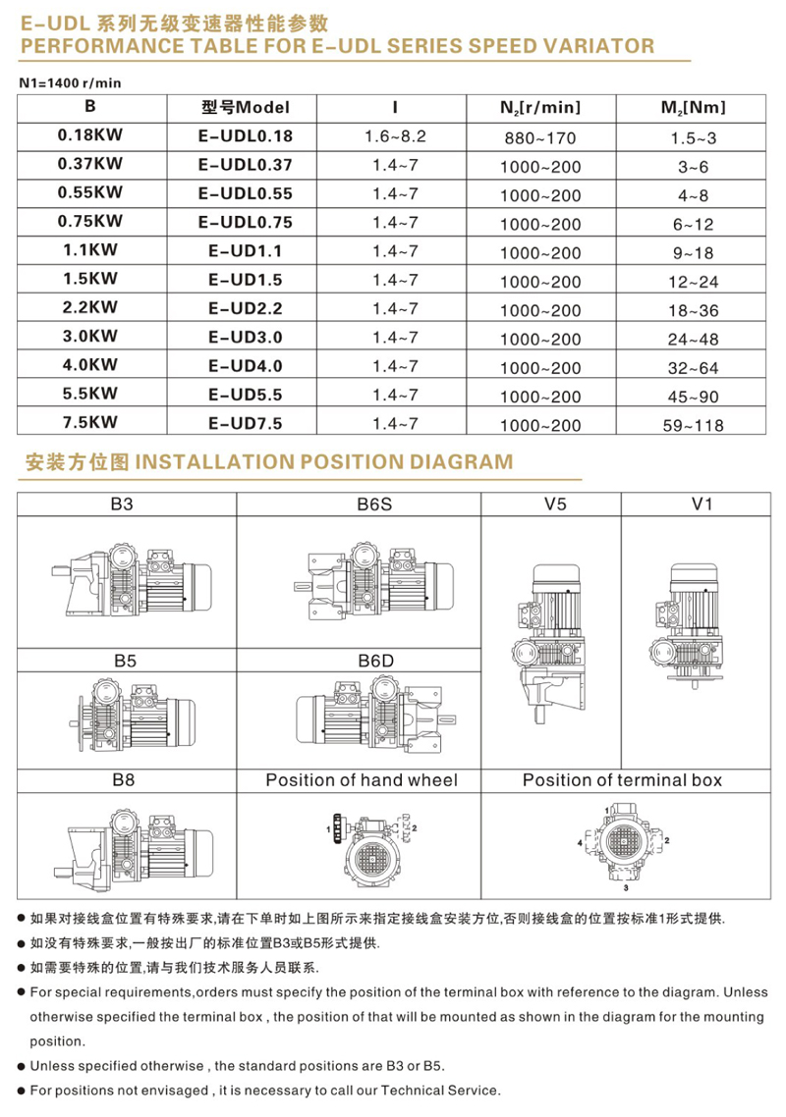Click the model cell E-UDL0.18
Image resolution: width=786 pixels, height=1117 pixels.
click(x=245, y=136)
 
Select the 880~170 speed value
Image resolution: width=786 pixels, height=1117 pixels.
click(x=539, y=138)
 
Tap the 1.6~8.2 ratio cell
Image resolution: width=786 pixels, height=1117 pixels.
click(x=396, y=136)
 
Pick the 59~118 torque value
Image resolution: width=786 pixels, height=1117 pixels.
click(x=697, y=425)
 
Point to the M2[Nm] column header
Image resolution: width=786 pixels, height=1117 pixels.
click(x=696, y=107)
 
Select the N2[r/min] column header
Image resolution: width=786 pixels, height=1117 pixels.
click(x=539, y=107)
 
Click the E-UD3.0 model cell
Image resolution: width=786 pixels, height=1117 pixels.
click(x=245, y=337)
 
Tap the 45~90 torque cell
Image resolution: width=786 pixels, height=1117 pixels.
click(x=697, y=397)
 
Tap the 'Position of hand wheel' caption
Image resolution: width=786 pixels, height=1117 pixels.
click(x=362, y=780)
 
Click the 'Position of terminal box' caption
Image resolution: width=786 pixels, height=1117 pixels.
click(x=622, y=780)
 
